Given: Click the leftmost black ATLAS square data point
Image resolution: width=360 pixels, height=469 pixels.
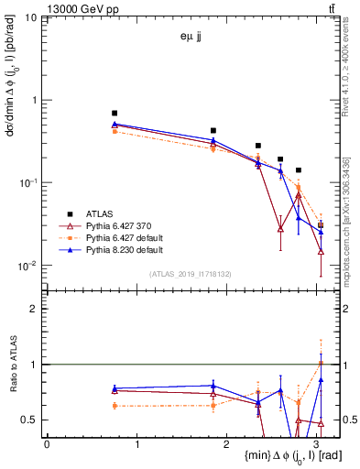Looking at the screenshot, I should click(115, 113).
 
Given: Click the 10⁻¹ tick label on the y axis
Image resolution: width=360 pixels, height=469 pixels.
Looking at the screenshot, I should click(27, 182).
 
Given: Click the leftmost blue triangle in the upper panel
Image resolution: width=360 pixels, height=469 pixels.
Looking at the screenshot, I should click(115, 124).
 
